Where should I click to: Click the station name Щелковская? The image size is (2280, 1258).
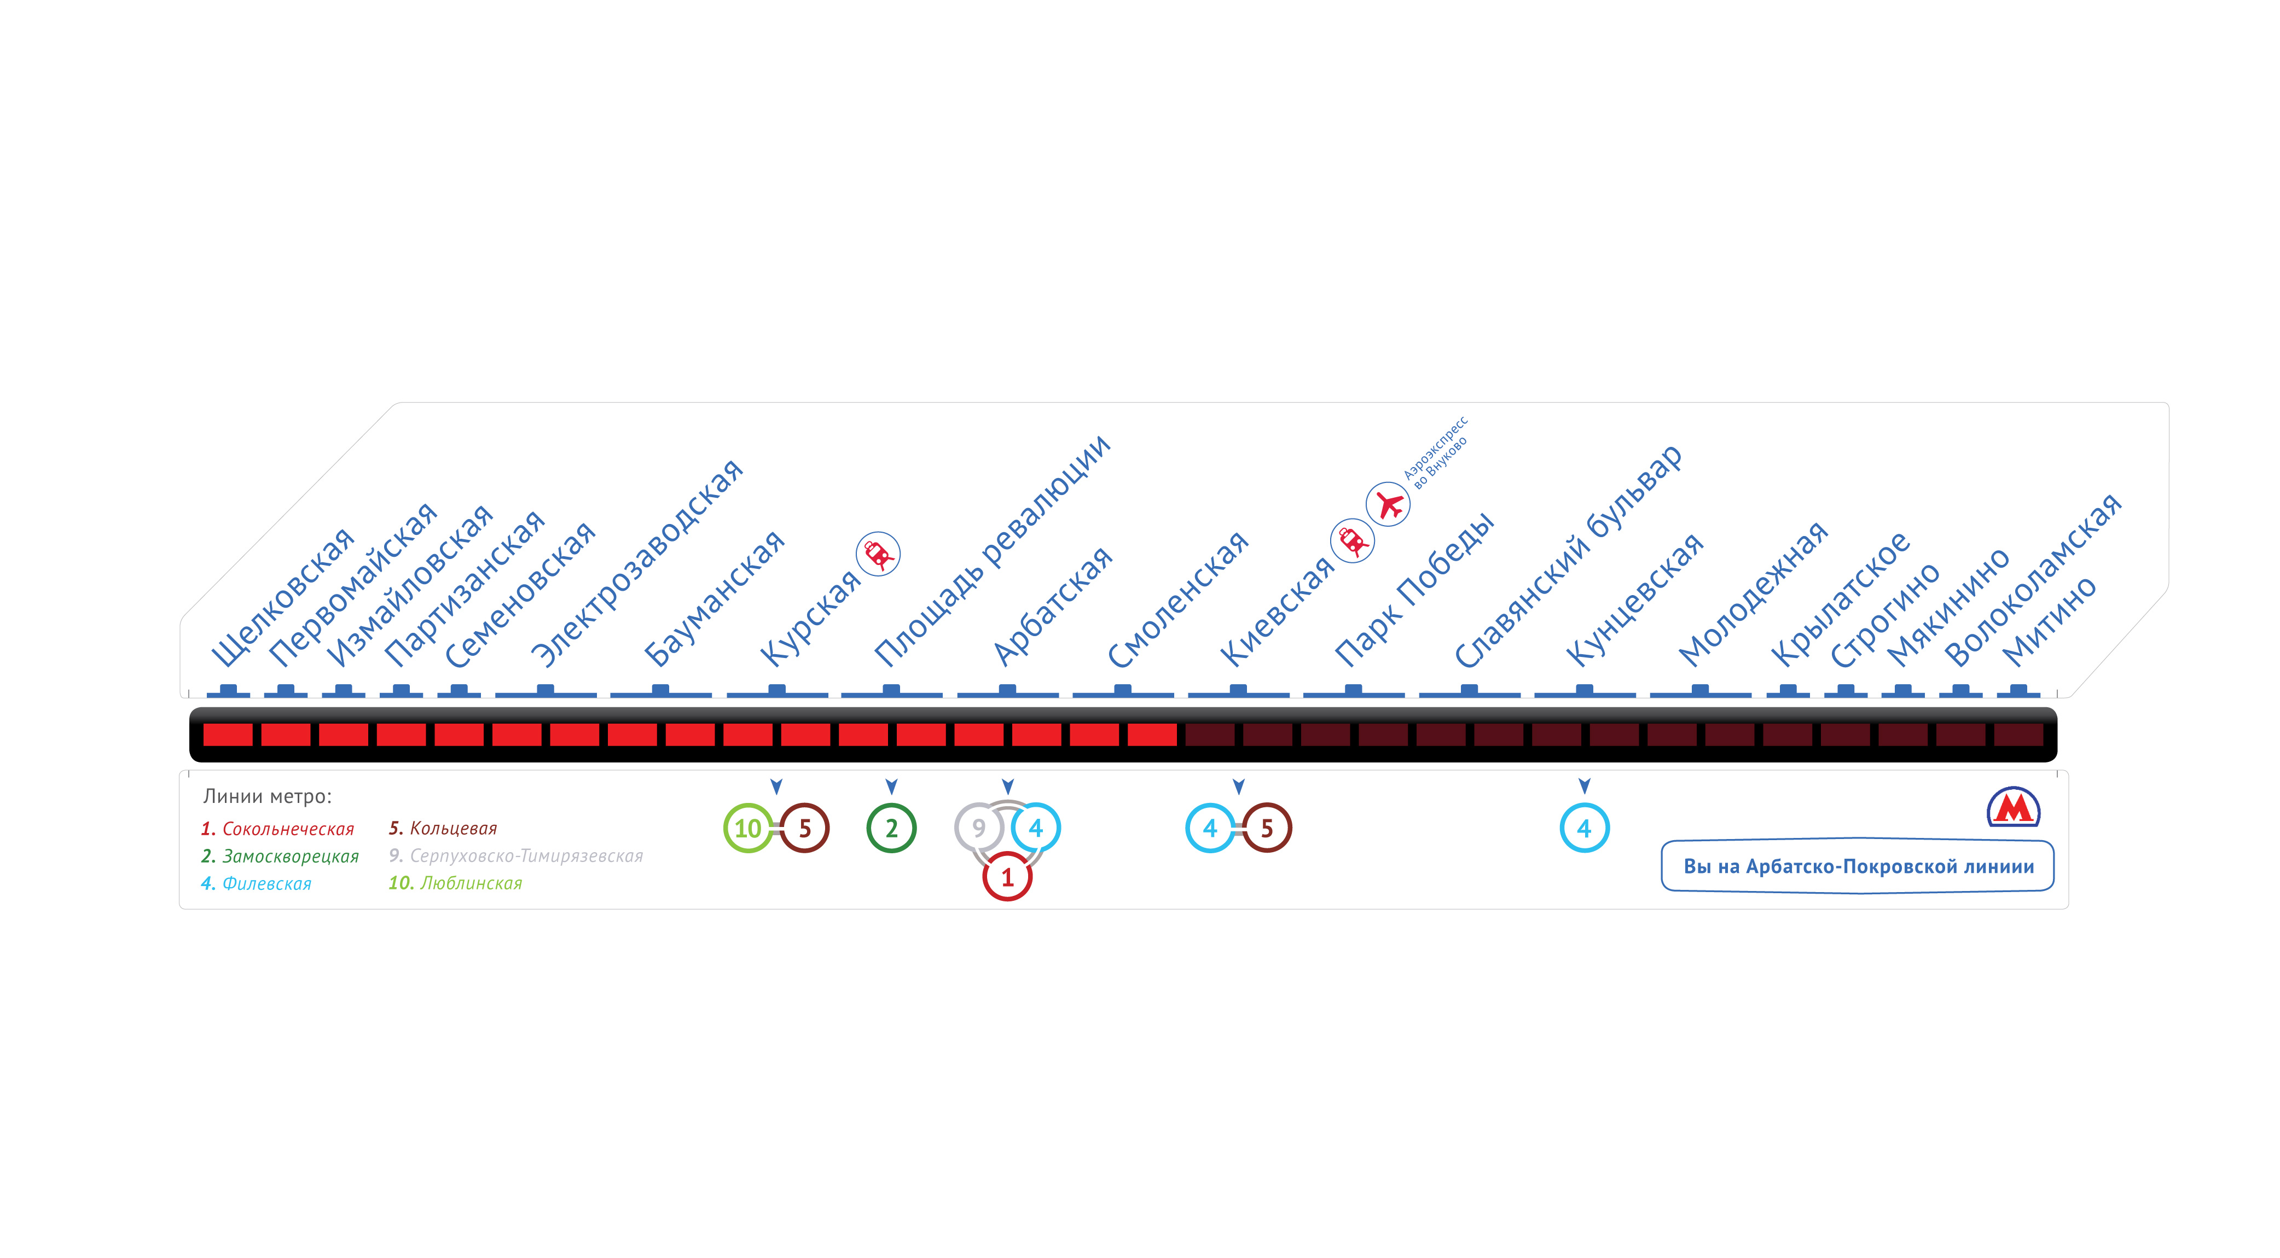coord(281,599)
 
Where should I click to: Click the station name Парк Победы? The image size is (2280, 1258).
coord(1413,590)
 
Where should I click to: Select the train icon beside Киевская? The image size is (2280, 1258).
coord(1353,540)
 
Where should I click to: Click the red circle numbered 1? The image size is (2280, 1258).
coord(1007,877)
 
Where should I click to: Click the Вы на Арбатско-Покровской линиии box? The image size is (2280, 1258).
coord(1858,866)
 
